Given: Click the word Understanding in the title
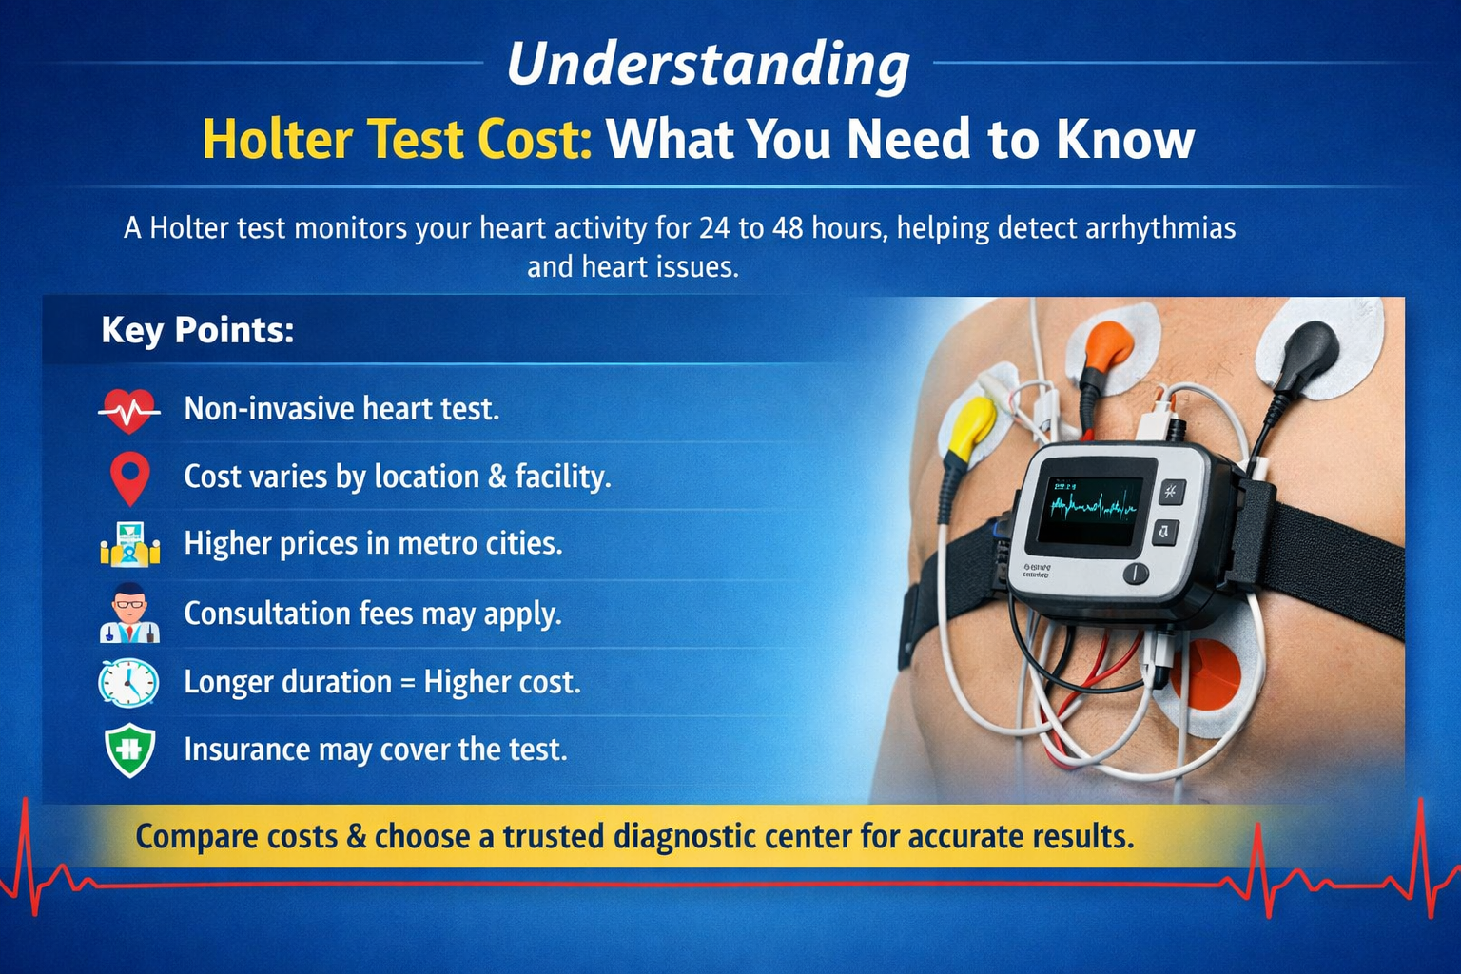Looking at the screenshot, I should point(708,65).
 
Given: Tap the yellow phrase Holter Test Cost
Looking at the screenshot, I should point(397,140).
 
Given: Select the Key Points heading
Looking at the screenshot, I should point(197,330).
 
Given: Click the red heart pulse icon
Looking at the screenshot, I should point(129,411).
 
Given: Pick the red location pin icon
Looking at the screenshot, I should point(129,477).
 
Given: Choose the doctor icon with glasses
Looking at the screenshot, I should point(129,614).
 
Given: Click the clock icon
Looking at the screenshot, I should point(128,682).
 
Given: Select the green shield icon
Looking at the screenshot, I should point(129,750).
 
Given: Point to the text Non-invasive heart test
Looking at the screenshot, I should point(341,409).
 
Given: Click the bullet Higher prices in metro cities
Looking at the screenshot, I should point(373,543).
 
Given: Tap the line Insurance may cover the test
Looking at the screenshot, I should point(375,750).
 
